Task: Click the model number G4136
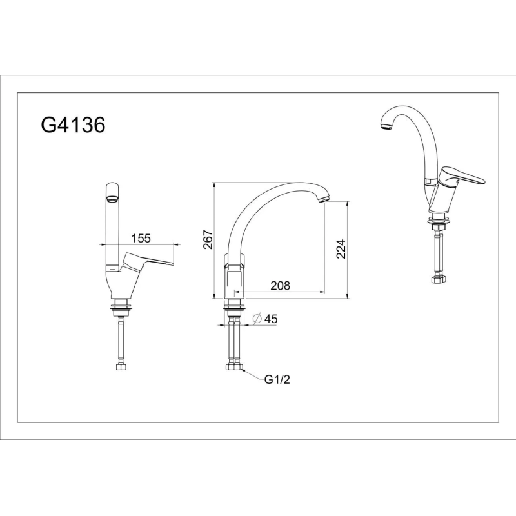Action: point(72,124)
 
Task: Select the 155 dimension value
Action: point(141,238)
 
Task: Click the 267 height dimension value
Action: point(208,241)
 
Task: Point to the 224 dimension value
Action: point(341,249)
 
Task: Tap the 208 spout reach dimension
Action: point(280,285)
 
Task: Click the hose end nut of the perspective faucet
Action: point(439,279)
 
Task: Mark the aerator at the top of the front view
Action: point(112,198)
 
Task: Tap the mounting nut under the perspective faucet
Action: point(439,224)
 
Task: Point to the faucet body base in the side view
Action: point(235,284)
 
